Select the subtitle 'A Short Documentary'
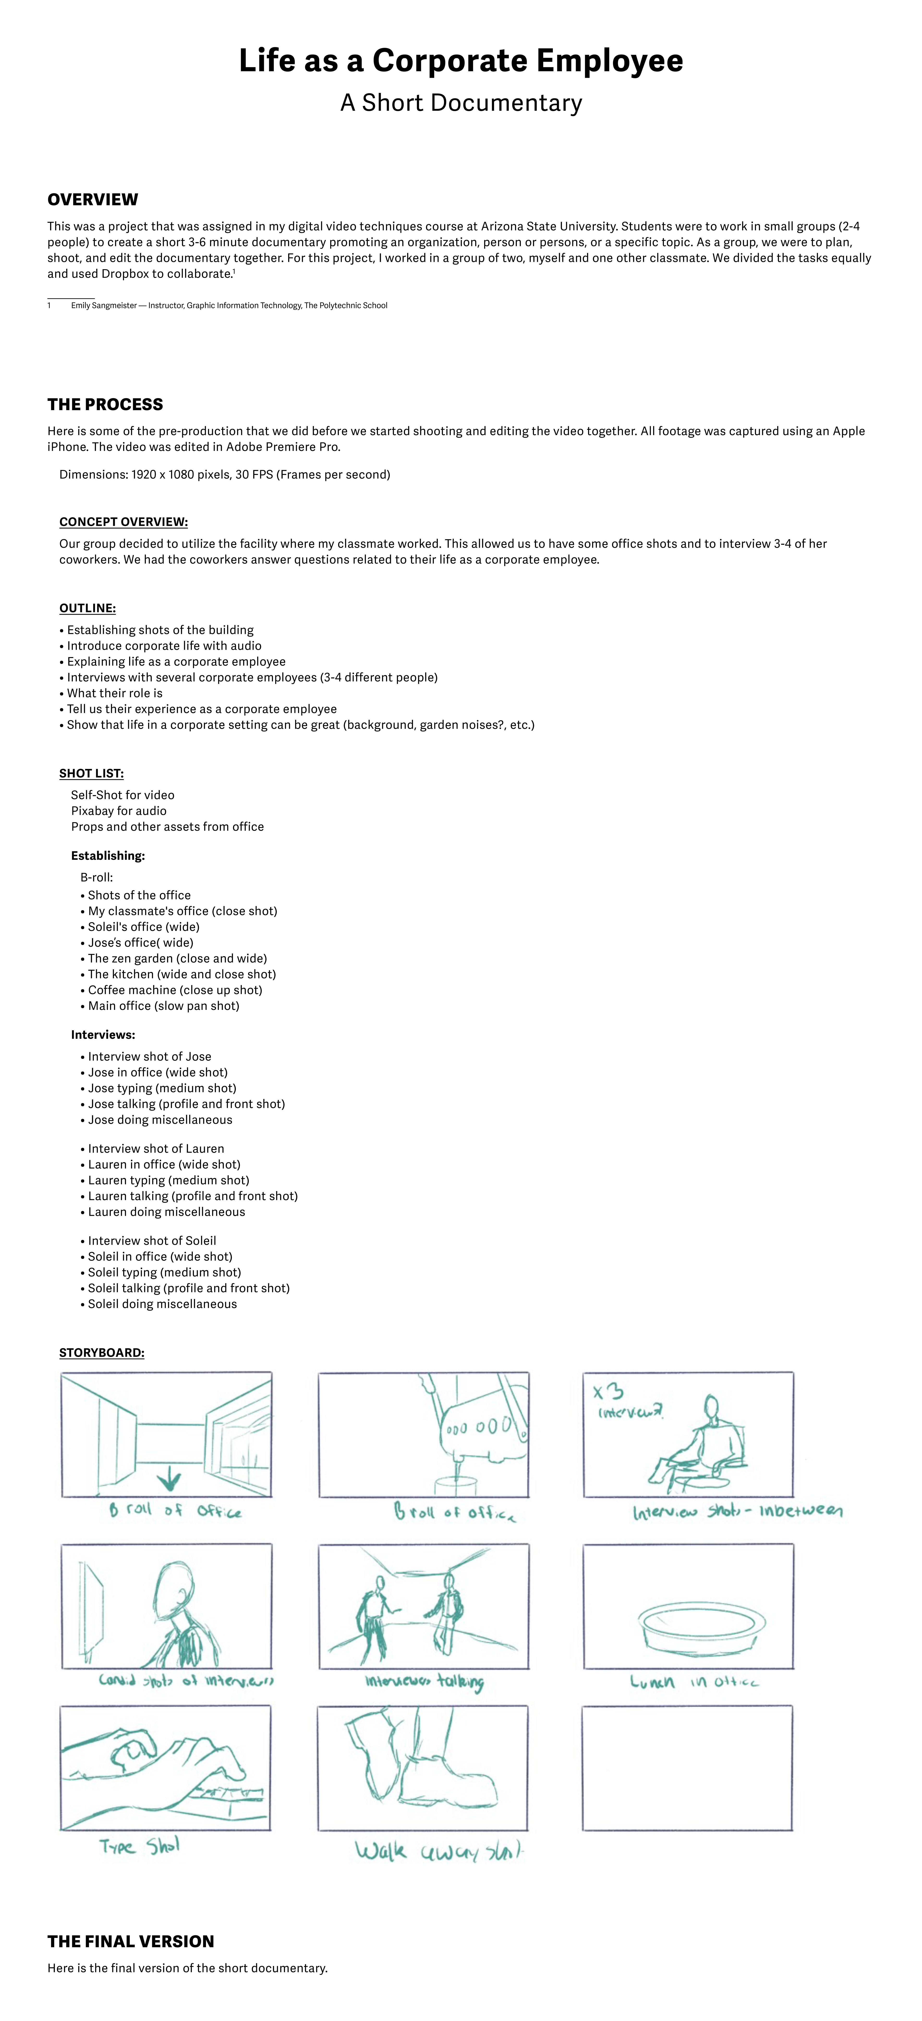[461, 103]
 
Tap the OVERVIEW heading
[93, 199]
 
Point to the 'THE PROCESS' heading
[105, 404]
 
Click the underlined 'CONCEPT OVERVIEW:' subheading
[123, 522]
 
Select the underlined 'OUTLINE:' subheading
[87, 608]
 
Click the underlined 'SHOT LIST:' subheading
[91, 773]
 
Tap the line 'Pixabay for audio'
[118, 810]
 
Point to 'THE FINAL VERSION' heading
[130, 1941]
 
